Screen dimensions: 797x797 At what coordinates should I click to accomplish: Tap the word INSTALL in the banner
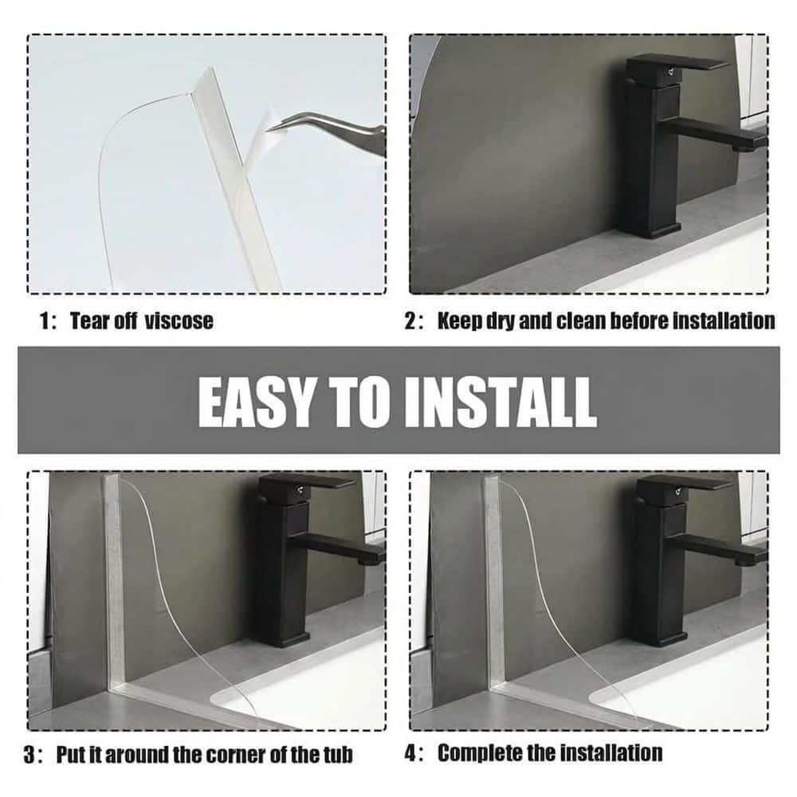pos(501,402)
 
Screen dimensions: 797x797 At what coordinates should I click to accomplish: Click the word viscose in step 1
pos(179,321)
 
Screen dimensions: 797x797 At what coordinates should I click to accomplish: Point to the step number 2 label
pos(413,321)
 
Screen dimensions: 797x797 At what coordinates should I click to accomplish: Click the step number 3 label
pos(32,755)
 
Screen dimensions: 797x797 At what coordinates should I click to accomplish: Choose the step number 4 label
pos(413,753)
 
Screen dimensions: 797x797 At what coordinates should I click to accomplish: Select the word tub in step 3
pos(338,755)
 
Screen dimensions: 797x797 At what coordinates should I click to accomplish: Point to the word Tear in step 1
pos(89,321)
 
